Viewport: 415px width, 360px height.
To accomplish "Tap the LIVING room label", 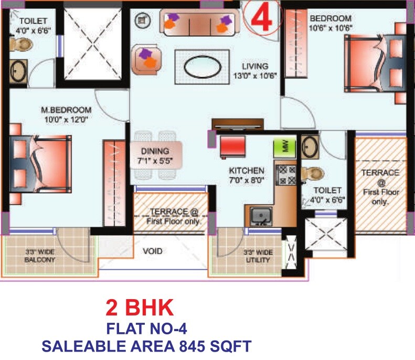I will [x=255, y=67].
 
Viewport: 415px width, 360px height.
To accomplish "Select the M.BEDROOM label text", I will [x=66, y=110].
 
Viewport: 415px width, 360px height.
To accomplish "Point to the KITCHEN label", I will [x=246, y=171].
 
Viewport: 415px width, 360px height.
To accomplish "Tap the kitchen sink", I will [x=260, y=216].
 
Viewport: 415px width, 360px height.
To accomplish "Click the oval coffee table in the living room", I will [x=202, y=68].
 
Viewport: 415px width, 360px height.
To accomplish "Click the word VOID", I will [x=153, y=251].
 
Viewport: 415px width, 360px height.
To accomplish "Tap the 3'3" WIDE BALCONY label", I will [x=40, y=256].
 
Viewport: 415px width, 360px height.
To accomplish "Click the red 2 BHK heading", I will [x=139, y=308].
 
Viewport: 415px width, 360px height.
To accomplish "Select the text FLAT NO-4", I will [x=146, y=329].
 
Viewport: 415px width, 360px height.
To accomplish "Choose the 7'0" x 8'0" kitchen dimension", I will [x=246, y=181].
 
